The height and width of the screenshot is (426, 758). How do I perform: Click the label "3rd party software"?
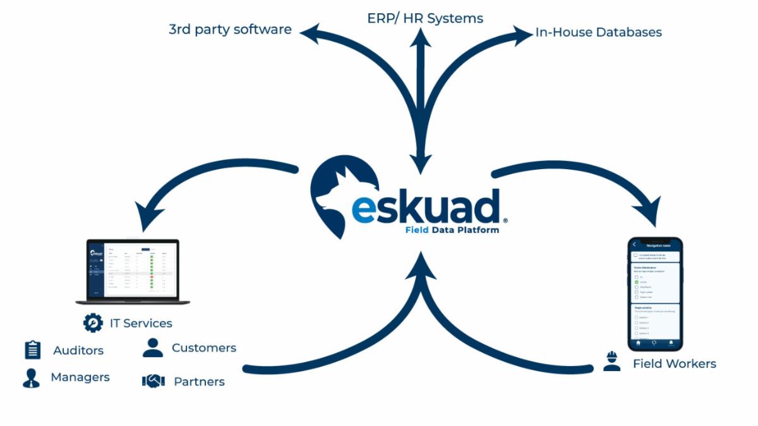(230, 30)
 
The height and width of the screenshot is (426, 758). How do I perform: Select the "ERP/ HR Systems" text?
(425, 18)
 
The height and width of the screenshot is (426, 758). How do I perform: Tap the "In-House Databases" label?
(598, 32)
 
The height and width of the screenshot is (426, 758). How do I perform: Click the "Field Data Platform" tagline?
(452, 230)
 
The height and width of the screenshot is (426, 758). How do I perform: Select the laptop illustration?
(133, 271)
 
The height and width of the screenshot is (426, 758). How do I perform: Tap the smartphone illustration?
(654, 293)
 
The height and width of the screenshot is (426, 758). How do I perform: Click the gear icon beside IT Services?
(93, 323)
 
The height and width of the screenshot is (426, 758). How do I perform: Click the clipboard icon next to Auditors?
(32, 350)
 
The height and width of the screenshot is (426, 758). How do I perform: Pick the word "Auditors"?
(78, 350)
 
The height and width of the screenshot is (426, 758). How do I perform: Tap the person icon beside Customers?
(153, 348)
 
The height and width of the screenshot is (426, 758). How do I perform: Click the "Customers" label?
(204, 348)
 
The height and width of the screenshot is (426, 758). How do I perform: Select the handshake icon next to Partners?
(153, 381)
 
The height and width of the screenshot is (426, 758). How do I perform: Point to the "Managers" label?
(80, 377)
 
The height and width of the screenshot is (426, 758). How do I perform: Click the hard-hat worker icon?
(611, 362)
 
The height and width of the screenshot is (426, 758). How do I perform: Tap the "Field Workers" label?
(675, 364)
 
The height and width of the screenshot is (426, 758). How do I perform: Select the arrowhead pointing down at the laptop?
(147, 220)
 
